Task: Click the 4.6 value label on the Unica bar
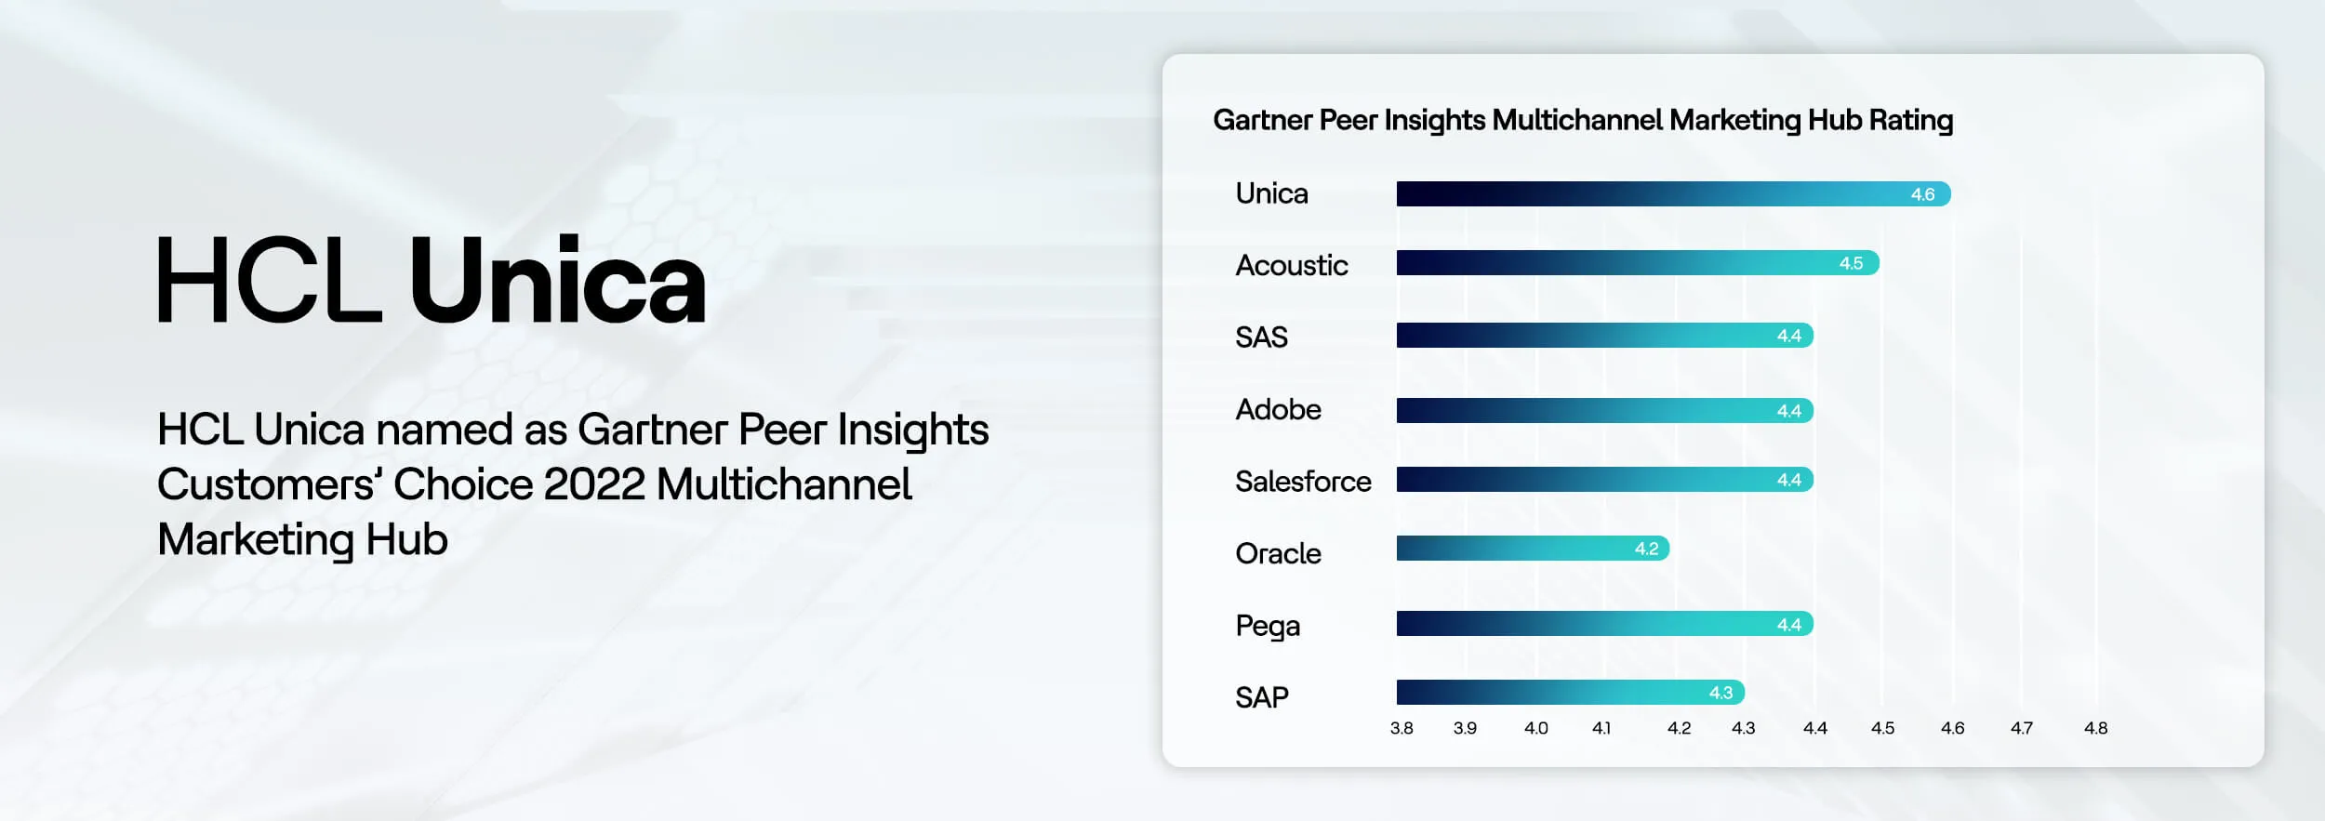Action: click(x=1922, y=194)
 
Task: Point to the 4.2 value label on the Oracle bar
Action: click(x=1646, y=549)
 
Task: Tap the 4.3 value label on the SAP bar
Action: click(x=1720, y=693)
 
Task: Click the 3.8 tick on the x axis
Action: click(x=1402, y=728)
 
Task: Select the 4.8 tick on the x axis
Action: click(x=2095, y=728)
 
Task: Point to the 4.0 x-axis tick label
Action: click(x=1535, y=728)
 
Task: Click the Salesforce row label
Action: click(x=1302, y=482)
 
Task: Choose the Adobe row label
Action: click(x=1278, y=409)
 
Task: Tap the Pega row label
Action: click(x=1267, y=626)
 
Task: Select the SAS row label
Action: click(x=1261, y=337)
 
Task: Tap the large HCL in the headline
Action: click(x=268, y=281)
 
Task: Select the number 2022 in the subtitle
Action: click(x=593, y=484)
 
